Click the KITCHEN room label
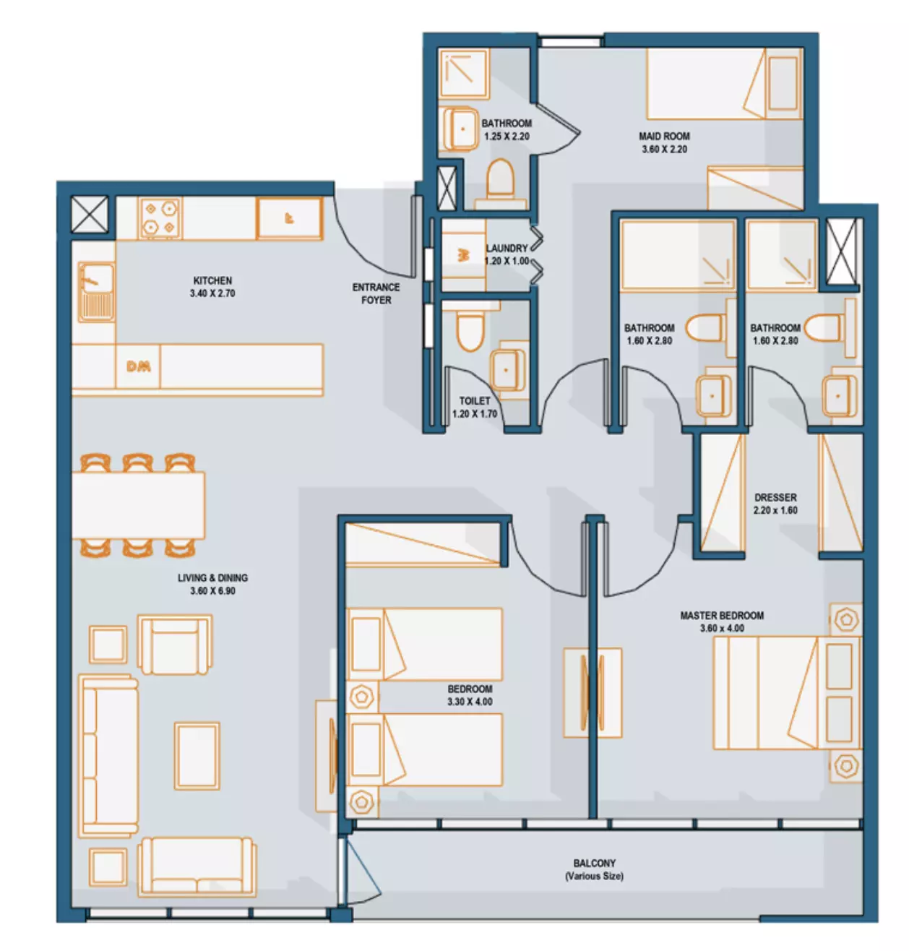coord(212,280)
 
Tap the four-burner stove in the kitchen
coord(159,218)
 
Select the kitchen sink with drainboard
coord(96,292)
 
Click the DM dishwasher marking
coord(138,366)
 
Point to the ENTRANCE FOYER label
coord(375,293)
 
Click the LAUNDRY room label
coord(507,248)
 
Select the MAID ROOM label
coord(663,136)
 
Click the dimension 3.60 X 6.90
coord(212,590)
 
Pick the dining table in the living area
coord(138,505)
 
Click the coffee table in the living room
coord(197,755)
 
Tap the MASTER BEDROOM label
coord(721,615)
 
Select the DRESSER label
coord(775,497)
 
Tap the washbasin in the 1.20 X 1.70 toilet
coord(507,370)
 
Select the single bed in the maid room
coord(724,84)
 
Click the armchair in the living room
coord(174,645)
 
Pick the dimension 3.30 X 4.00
coord(469,701)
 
